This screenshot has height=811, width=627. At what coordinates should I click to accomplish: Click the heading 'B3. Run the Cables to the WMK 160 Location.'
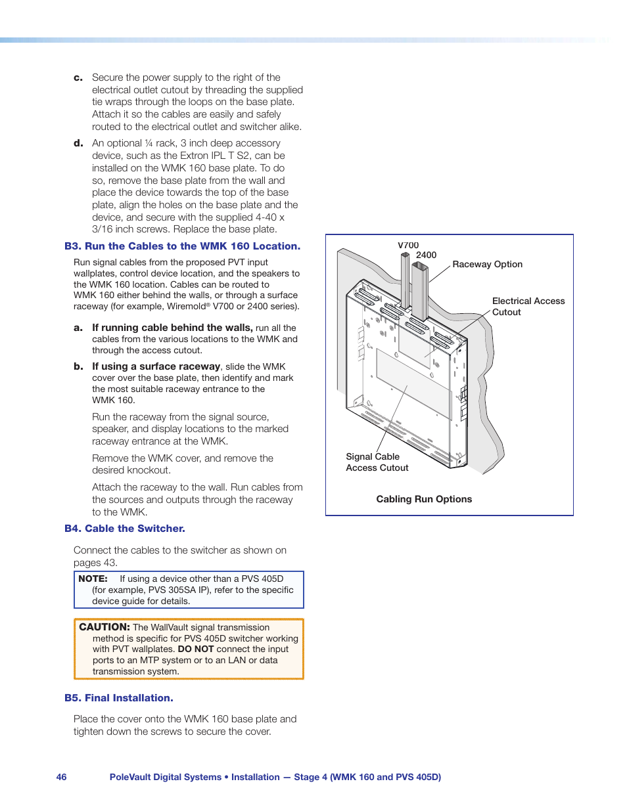coord(182,246)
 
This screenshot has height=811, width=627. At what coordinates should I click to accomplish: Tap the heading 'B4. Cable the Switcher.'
coord(124,529)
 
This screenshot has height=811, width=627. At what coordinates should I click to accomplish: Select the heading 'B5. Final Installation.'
coord(118,698)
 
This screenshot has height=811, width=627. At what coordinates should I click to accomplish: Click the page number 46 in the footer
coord(61,777)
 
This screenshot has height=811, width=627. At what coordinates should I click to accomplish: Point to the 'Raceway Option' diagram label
coord(487,264)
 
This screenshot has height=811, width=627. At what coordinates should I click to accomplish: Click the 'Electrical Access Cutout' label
coord(528,306)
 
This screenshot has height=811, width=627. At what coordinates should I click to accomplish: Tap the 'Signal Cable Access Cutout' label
coord(377,462)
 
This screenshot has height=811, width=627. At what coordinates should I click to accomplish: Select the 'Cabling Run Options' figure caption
coord(424,499)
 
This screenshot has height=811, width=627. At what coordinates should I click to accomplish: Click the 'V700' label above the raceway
coord(408,245)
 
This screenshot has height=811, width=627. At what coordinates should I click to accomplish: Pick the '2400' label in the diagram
coord(426,255)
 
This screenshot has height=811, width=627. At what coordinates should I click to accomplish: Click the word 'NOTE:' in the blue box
coord(93,579)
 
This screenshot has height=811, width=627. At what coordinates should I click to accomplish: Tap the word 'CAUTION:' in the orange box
coord(104,627)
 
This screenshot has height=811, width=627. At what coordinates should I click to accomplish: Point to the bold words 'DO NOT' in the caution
coord(195,649)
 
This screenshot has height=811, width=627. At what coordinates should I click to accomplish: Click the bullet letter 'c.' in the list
coord(78,77)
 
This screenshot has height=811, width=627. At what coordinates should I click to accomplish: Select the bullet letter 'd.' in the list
coord(78,143)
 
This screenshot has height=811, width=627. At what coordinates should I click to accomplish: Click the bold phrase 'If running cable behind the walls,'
coord(172,328)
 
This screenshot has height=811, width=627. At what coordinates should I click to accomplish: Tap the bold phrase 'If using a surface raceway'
coord(156,366)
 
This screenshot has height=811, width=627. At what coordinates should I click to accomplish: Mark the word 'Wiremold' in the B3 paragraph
coord(187,307)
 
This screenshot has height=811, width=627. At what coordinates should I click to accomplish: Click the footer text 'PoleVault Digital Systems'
coord(165,777)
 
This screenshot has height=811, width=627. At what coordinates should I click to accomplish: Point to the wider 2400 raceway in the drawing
coord(419,289)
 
